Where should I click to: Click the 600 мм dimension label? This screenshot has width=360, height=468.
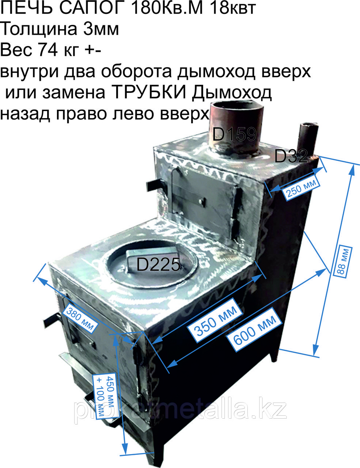point(255,329)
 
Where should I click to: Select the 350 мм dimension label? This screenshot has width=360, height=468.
point(215,320)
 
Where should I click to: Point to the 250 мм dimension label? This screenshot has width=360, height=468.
point(301,188)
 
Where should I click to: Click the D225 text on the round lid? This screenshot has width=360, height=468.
point(158,265)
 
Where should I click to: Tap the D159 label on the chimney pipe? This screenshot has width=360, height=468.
point(235,134)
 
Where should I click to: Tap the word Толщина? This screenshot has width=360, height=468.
point(39,30)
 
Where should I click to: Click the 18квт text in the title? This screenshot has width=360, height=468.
point(233,8)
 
